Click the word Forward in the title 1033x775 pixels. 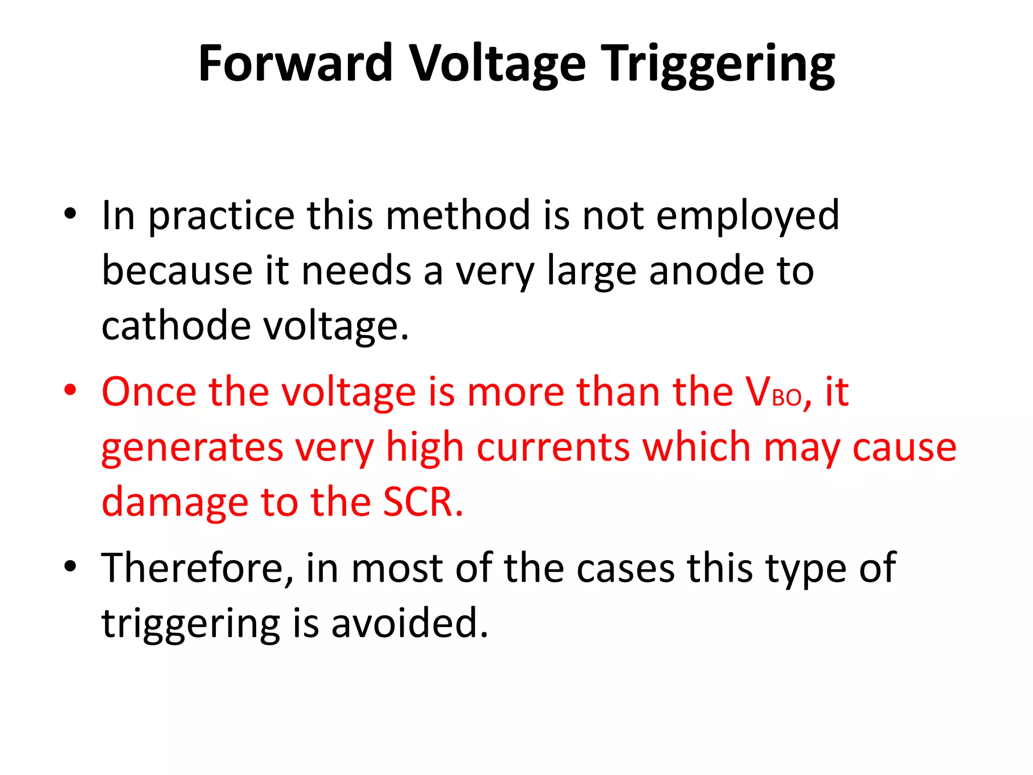(295, 64)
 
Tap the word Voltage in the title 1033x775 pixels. (497, 64)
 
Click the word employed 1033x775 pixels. (748, 216)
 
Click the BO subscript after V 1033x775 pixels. (787, 399)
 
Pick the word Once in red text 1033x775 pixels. (149, 392)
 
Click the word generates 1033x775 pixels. (192, 448)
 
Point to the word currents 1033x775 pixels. (553, 447)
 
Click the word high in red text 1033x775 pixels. (424, 448)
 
